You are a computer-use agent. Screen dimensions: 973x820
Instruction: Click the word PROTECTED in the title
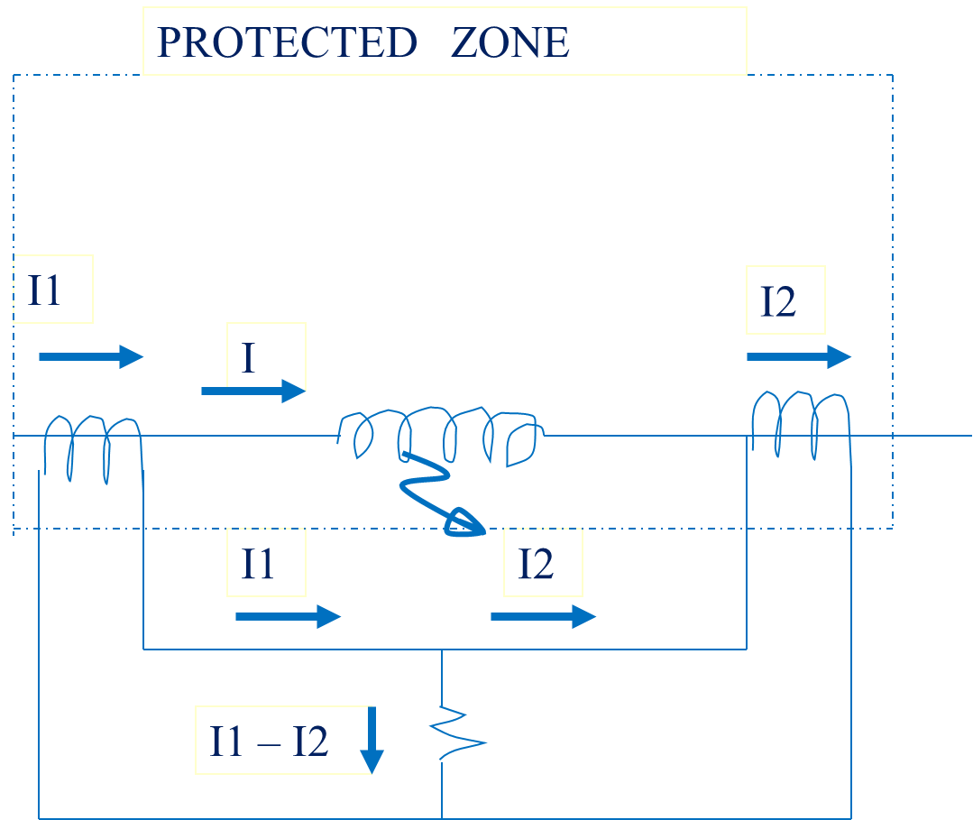[287, 42]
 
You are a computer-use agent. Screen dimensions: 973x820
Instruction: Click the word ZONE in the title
[510, 42]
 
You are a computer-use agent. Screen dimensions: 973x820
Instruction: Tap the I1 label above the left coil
[44, 290]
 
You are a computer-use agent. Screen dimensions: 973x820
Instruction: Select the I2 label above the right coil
[778, 301]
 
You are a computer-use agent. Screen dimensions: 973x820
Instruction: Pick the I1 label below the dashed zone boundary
[258, 564]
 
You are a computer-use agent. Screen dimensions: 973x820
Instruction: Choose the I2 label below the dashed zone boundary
[536, 564]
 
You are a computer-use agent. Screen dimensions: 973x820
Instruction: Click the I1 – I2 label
[269, 742]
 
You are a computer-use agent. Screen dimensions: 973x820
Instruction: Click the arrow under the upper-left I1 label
[91, 356]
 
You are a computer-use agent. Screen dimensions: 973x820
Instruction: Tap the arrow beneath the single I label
[253, 392]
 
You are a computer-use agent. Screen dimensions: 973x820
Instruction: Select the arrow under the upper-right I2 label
[799, 356]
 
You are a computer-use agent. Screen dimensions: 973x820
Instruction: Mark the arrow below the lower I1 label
[289, 616]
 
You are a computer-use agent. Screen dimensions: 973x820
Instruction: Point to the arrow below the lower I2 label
[544, 616]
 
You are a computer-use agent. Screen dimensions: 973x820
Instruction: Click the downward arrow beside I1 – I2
[372, 740]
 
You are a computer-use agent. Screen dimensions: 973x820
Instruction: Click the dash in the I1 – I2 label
[269, 744]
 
